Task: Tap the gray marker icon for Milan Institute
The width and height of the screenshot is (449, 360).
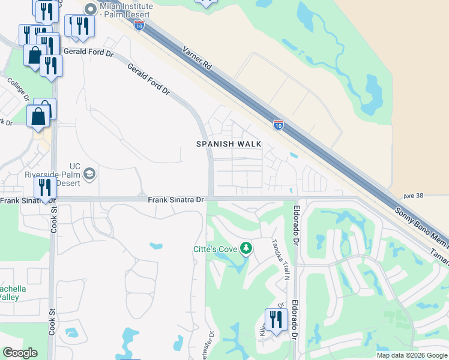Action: (x=91, y=8)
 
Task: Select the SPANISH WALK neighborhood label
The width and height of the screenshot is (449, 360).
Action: (x=229, y=144)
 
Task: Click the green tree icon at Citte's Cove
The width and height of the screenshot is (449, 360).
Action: (x=245, y=248)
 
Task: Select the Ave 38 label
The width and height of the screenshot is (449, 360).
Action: (x=414, y=196)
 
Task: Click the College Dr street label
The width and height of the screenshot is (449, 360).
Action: (x=19, y=89)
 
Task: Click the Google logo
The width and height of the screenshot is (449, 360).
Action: (x=20, y=353)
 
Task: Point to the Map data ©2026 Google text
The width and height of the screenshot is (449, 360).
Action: (x=412, y=355)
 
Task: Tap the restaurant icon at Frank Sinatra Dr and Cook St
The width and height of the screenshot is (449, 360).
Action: (x=45, y=187)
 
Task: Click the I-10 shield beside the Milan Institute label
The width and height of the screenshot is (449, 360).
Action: (x=139, y=25)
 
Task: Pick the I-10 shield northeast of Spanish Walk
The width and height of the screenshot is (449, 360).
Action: (x=279, y=124)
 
